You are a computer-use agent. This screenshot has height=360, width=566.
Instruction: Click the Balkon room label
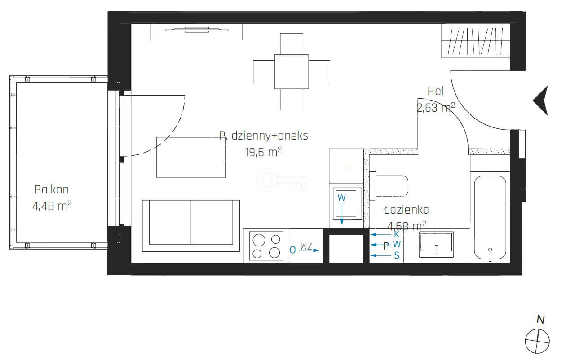52,189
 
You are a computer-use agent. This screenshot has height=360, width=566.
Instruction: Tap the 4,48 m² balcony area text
52,206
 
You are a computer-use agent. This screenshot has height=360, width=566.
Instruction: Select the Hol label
435,92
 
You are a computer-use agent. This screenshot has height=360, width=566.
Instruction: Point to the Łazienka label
406,210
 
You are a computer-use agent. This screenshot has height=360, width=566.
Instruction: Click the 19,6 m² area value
263,152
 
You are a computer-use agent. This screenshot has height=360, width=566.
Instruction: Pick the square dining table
292,72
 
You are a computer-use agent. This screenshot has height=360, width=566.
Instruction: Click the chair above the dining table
292,44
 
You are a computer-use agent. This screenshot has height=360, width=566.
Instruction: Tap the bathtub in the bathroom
490,218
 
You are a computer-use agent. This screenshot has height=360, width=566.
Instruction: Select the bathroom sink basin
436,245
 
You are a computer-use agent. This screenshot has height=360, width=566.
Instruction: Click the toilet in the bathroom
389,186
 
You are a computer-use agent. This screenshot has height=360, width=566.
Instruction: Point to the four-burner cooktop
266,246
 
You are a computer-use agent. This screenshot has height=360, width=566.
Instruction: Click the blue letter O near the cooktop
292,250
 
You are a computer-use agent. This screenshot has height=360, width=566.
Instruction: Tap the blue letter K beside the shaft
397,234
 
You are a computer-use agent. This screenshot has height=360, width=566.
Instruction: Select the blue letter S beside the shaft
397,255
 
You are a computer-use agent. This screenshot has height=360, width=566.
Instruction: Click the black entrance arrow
541,101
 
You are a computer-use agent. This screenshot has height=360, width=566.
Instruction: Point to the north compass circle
537,341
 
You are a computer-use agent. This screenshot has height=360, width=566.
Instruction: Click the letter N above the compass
540,320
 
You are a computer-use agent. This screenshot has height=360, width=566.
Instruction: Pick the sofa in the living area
191,226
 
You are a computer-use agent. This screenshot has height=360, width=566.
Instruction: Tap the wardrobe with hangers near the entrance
476,40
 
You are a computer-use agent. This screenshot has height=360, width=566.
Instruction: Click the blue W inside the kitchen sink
341,198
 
